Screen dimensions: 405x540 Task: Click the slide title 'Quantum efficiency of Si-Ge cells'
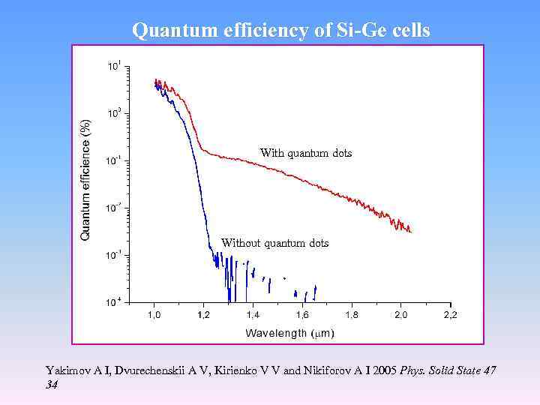[x=280, y=30]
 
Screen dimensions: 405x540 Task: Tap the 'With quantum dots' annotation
[x=305, y=153]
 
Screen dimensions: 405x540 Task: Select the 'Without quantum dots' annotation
[x=274, y=243]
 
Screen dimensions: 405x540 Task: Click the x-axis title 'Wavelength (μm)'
[x=289, y=332]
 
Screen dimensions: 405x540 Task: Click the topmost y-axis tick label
[x=112, y=67]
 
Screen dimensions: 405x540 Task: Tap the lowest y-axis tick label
[x=112, y=302]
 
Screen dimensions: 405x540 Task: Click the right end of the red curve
[x=410, y=231]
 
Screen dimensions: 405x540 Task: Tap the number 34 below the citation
[x=52, y=384]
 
